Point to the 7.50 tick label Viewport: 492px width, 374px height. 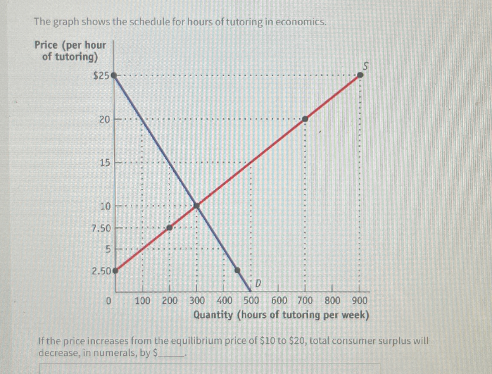[x=101, y=228]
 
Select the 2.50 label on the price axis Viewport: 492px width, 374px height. [x=101, y=271]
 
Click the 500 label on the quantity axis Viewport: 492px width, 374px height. [x=251, y=300]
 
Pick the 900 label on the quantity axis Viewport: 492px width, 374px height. [x=359, y=300]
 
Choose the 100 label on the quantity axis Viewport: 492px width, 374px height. [x=142, y=300]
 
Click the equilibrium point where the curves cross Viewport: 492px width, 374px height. [x=197, y=206]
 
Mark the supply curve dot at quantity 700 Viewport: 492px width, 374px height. [x=305, y=119]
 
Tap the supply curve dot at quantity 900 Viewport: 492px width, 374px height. [x=360, y=75]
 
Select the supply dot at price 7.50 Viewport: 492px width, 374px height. [x=169, y=227]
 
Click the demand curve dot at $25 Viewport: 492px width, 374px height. [x=114, y=75]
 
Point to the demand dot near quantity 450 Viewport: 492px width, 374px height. [x=238, y=270]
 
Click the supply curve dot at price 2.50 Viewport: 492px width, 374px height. [x=115, y=270]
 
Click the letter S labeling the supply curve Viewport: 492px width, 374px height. [x=365, y=66]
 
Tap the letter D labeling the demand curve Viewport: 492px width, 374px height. [x=258, y=283]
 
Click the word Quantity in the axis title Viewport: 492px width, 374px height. [x=213, y=315]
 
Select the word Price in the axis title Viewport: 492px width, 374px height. [x=46, y=45]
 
